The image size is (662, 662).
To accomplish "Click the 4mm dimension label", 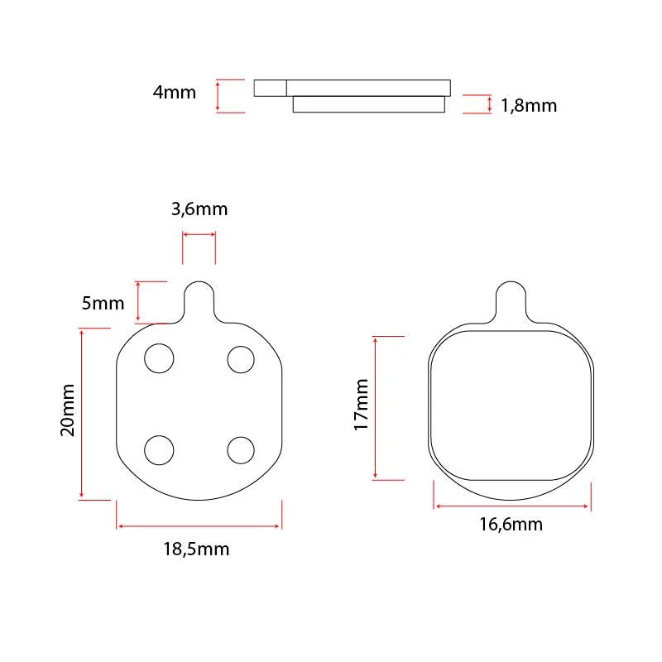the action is pos(175,93).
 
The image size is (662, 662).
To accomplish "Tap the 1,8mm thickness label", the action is pos(529,106).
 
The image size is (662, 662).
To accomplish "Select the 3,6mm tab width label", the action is pos(199,209).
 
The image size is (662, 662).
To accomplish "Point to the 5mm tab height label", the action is pos(103,303).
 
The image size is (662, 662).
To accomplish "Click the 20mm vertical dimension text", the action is pos(68,410).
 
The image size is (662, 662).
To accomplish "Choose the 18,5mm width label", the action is pos(196,549).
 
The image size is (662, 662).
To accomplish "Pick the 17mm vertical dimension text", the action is pos(361,405).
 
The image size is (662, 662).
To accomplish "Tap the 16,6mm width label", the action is pos(511,525).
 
